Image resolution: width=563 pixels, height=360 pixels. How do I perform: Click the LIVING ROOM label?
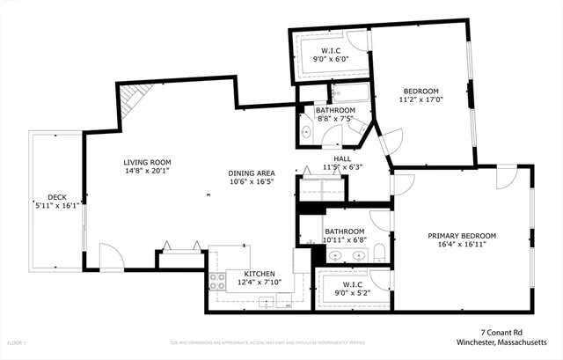click(x=147, y=162)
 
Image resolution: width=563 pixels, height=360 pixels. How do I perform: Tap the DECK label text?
click(x=55, y=197)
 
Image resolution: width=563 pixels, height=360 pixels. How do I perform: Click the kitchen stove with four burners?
click(x=216, y=282)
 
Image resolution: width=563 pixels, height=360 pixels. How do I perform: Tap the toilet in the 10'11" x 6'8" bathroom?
click(x=379, y=255)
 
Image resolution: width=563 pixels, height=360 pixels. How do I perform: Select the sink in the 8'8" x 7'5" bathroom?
click(x=305, y=133)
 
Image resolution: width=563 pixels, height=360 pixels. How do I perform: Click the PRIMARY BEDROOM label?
click(x=462, y=236)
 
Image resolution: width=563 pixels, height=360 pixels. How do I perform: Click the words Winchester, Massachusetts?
click(x=508, y=342)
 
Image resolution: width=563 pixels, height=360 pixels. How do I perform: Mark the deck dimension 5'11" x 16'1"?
click(x=56, y=206)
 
